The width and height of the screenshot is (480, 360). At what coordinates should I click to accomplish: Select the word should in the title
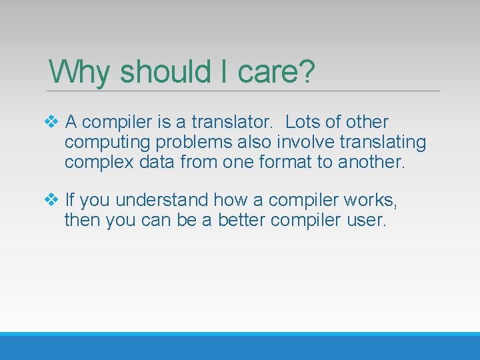point(164,71)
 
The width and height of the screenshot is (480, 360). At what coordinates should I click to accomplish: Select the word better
point(235,219)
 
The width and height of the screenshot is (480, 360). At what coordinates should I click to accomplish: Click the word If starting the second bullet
point(70,200)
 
